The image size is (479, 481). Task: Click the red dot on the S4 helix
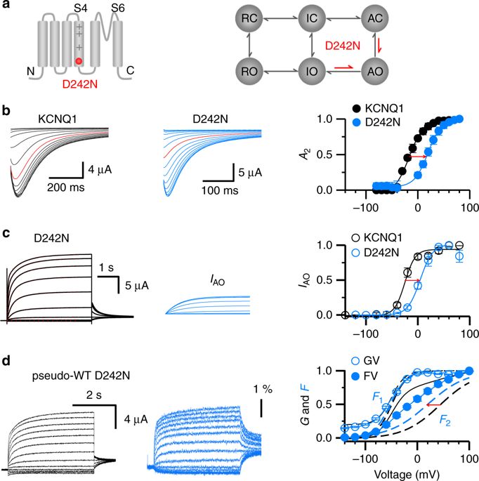(79, 62)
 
